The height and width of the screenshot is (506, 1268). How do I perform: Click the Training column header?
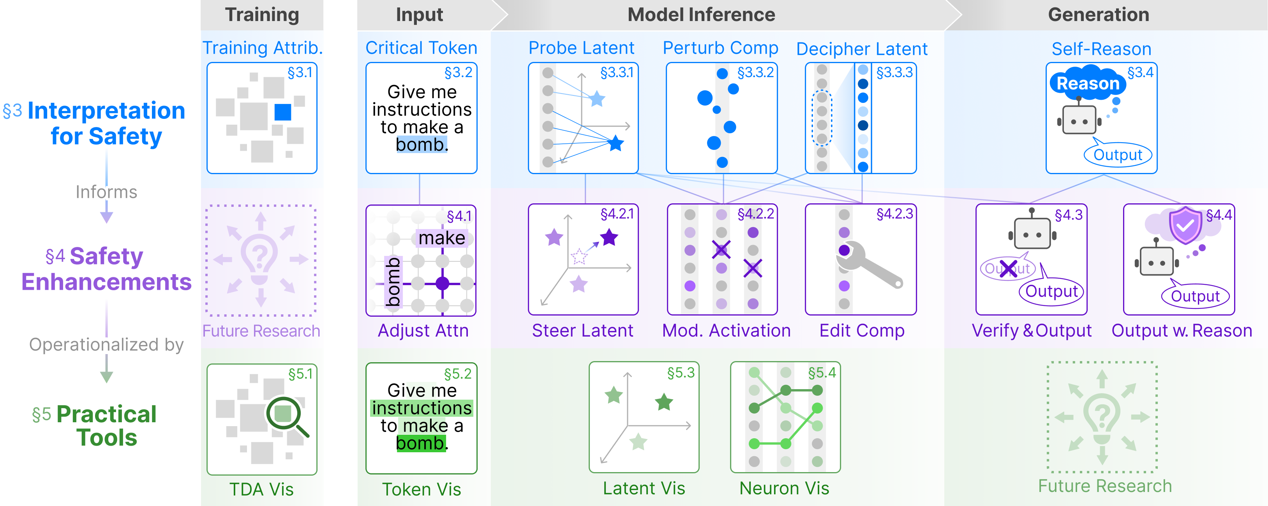pyautogui.click(x=262, y=15)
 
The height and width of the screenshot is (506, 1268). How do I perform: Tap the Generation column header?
pyautogui.click(x=1099, y=15)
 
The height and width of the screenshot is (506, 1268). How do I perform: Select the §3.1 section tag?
pyautogui.click(x=300, y=72)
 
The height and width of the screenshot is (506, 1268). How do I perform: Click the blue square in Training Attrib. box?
pyautogui.click(x=282, y=112)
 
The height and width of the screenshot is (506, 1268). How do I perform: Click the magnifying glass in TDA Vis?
pyautogui.click(x=287, y=416)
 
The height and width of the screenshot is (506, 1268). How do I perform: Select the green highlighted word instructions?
pyautogui.click(x=422, y=408)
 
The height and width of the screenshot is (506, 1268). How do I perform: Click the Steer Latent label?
pyautogui.click(x=582, y=330)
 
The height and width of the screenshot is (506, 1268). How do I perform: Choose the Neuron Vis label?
pyautogui.click(x=784, y=488)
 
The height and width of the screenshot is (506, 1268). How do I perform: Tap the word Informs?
pyautogui.click(x=106, y=192)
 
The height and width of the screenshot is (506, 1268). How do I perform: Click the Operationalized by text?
pyautogui.click(x=106, y=345)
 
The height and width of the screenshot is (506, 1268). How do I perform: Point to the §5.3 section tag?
pyautogui.click(x=681, y=373)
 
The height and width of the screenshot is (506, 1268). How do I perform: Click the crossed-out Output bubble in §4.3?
pyautogui.click(x=1008, y=268)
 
